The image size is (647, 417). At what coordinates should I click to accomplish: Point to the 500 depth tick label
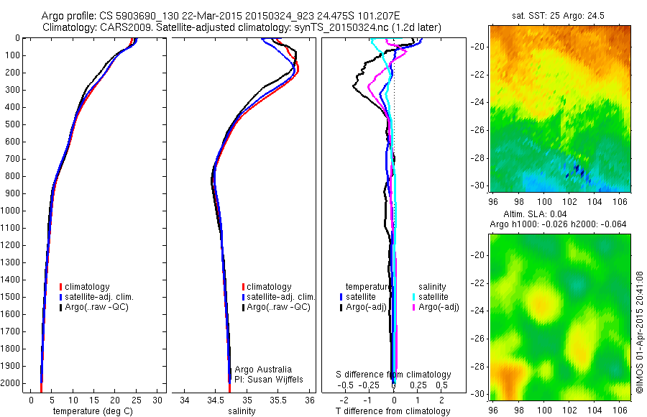[14, 124]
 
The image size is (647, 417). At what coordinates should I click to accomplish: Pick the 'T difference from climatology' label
[393, 411]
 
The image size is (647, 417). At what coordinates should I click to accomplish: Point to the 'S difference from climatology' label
[394, 375]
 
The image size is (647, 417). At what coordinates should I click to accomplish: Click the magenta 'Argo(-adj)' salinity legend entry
[439, 307]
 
